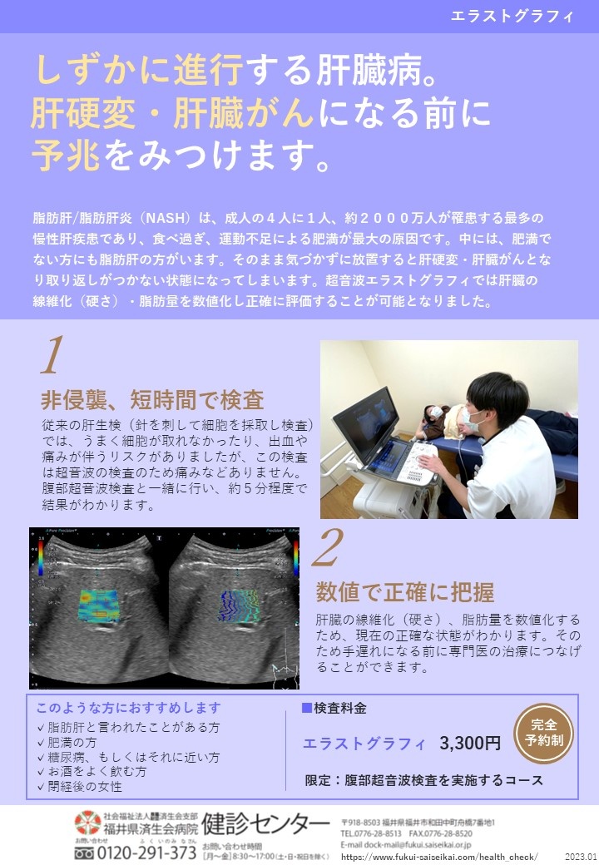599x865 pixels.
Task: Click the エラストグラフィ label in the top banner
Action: (x=512, y=16)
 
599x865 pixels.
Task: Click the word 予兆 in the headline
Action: (x=67, y=155)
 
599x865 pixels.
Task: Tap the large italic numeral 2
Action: (x=327, y=547)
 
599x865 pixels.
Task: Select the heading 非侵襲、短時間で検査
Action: (x=152, y=400)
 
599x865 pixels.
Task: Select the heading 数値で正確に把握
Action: (x=405, y=592)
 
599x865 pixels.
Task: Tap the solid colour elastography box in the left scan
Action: (x=99, y=605)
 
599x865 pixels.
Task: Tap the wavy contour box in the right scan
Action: (x=239, y=606)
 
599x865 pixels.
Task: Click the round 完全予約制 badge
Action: (x=543, y=733)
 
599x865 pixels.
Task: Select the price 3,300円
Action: (x=470, y=743)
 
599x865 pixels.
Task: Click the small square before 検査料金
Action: (x=307, y=707)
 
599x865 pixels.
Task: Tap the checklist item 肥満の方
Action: (x=67, y=742)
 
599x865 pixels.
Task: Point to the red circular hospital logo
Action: (x=87, y=822)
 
